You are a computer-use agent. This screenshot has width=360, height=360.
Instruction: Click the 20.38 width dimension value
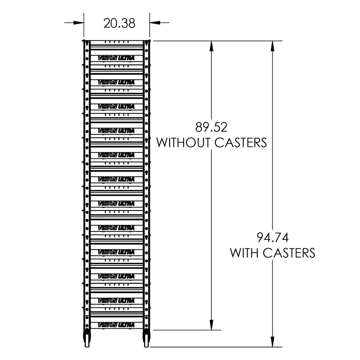click(119, 23)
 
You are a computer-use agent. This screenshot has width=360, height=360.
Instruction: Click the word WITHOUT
click(184, 143)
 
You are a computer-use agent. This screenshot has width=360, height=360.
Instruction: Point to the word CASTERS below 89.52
click(240, 143)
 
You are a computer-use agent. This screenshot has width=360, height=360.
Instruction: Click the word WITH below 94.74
click(244, 253)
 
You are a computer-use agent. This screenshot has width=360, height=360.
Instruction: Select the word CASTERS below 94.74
click(289, 253)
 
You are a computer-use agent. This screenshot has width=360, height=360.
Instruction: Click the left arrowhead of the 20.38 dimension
click(80, 23)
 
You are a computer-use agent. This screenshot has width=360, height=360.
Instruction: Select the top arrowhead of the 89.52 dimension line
click(211, 45)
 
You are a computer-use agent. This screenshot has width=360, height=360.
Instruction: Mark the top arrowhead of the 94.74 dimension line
click(273, 45)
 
